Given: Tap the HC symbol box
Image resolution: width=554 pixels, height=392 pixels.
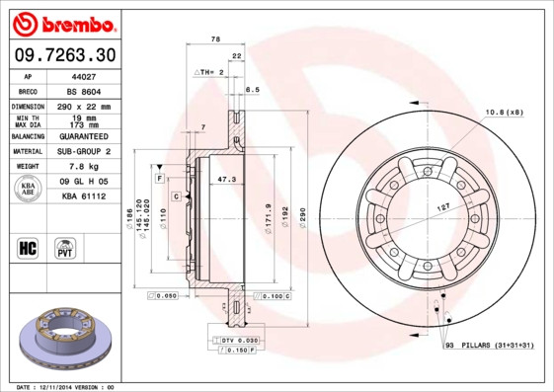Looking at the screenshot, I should [x=29, y=247].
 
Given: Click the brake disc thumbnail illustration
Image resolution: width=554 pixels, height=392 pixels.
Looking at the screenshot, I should [x=63, y=337].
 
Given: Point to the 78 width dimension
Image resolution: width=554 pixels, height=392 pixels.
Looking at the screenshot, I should [x=214, y=39].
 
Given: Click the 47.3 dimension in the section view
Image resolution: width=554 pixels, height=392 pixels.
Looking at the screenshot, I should [x=226, y=180].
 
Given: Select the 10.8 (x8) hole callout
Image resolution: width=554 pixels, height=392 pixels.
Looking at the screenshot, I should [x=503, y=112].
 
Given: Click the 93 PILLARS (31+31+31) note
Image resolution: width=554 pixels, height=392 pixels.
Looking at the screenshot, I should [x=491, y=344].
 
